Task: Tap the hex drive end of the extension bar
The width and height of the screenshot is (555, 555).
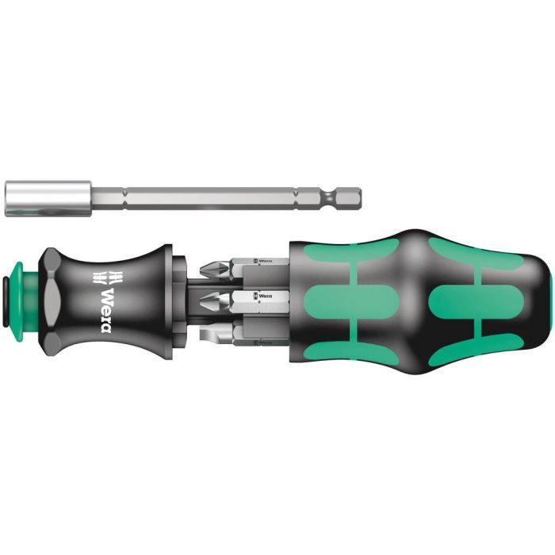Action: [350, 197]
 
